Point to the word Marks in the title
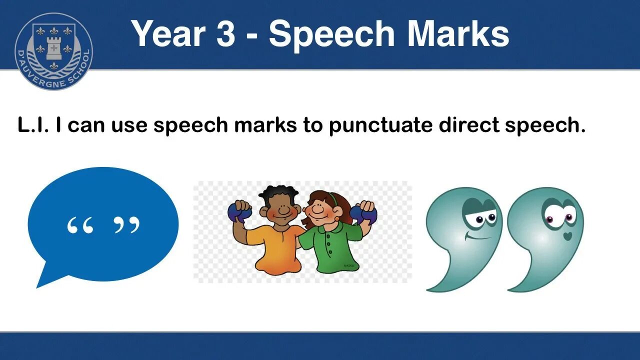click(x=457, y=34)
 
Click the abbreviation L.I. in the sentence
click(x=33, y=125)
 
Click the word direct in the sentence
click(x=468, y=125)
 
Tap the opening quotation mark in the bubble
click(x=80, y=226)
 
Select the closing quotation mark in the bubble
click(x=126, y=225)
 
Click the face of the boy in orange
click(x=283, y=207)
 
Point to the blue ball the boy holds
click(x=238, y=213)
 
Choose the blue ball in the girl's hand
click(x=363, y=214)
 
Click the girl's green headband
click(x=331, y=197)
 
